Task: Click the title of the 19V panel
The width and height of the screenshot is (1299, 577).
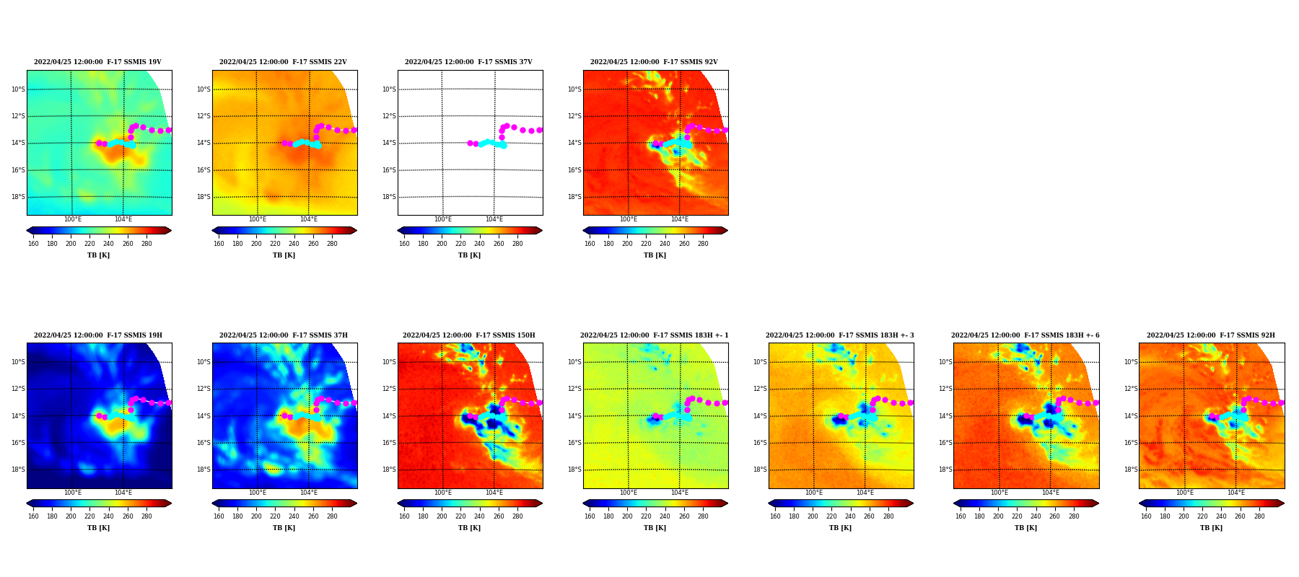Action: [97, 62]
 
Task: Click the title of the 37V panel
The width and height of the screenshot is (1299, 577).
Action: [468, 62]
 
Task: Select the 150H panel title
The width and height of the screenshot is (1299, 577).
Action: [469, 335]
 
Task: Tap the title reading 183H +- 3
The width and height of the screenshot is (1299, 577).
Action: [839, 335]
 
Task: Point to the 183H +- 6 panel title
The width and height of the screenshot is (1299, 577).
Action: [1025, 335]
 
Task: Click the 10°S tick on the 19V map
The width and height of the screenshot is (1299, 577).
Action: [18, 89]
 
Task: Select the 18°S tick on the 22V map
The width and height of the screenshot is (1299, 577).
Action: [204, 197]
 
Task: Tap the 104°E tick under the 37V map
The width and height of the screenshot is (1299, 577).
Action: [494, 220]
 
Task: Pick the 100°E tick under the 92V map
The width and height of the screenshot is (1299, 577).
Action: [629, 220]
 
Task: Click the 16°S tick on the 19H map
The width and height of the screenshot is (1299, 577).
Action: [18, 443]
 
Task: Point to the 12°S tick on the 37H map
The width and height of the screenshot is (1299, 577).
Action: [204, 389]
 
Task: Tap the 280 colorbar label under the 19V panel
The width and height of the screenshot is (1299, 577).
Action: [146, 244]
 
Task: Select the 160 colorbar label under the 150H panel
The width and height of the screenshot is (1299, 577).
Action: [404, 516]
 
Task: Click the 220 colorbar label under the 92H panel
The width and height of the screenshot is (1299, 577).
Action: [1202, 516]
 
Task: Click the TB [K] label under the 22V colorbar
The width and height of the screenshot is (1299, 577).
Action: [284, 255]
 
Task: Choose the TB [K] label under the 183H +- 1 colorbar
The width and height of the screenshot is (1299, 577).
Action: [655, 528]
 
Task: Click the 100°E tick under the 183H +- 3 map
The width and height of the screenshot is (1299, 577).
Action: [814, 493]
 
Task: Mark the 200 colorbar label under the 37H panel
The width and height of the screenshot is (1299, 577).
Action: [256, 516]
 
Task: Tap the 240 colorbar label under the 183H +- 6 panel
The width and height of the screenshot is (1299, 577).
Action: [1036, 516]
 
